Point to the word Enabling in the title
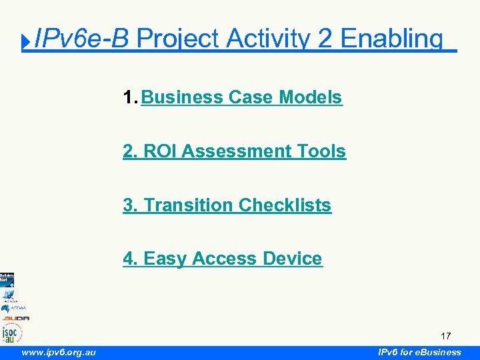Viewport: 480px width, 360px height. click(391, 39)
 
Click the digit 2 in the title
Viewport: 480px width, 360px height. click(325, 39)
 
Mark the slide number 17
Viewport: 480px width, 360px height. click(446, 336)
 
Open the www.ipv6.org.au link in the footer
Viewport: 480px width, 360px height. click(59, 352)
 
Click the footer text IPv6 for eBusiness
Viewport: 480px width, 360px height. click(419, 352)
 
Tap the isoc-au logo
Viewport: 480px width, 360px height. click(12, 332)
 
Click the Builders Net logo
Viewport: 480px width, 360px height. click(7, 279)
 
